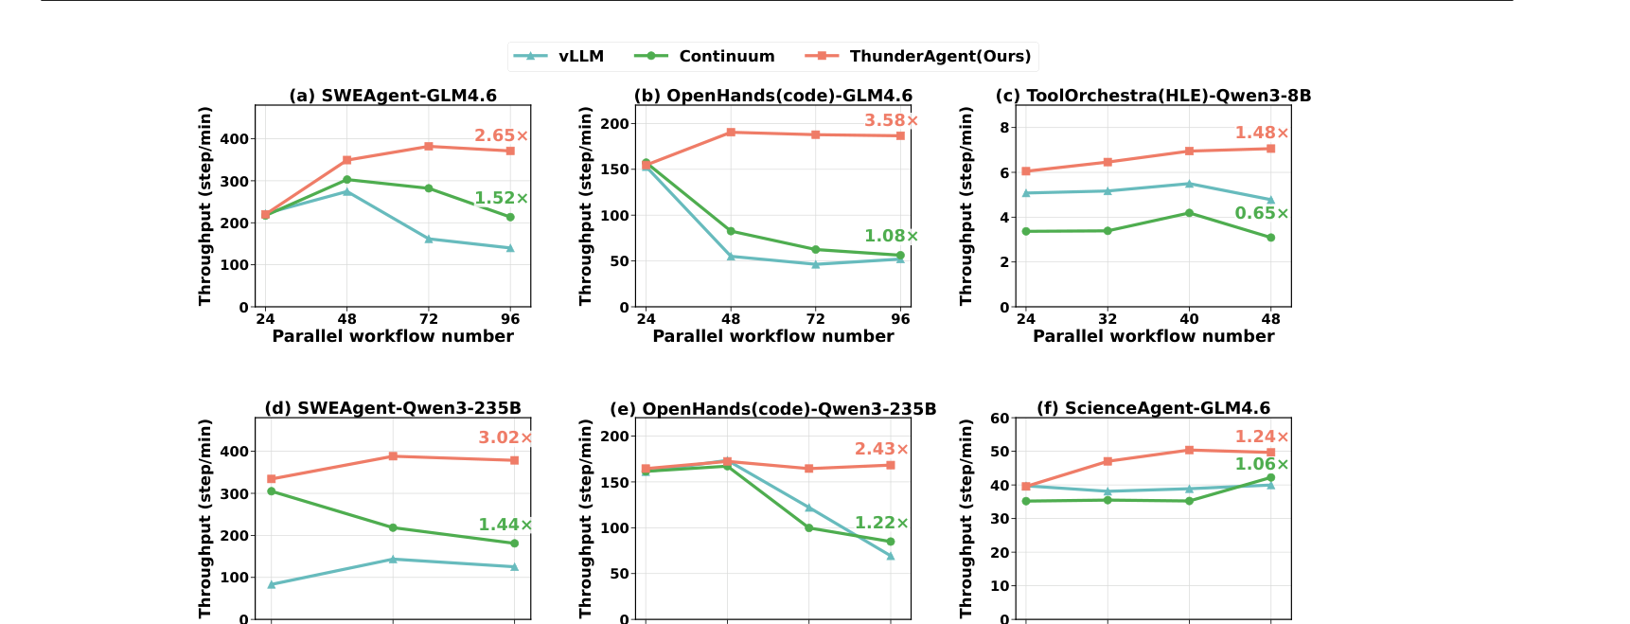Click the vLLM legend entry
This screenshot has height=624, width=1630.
[x=558, y=57]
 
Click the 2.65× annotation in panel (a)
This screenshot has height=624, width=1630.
[x=502, y=136]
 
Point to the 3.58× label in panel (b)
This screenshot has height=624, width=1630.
[x=892, y=121]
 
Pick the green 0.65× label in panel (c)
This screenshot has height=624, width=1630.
[x=1262, y=214]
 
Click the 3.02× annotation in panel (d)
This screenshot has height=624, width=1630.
[x=505, y=438]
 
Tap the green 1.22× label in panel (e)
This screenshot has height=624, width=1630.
[x=882, y=524]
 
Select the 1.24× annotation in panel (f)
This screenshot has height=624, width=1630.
[x=1262, y=437]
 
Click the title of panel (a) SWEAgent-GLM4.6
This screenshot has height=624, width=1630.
[x=393, y=96]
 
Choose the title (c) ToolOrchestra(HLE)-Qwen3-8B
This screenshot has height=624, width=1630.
[x=1153, y=96]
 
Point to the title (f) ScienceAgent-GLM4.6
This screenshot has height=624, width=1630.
[x=1153, y=408]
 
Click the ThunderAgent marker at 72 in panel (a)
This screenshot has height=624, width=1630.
[x=429, y=147]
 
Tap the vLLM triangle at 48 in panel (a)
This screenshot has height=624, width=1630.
[x=346, y=191]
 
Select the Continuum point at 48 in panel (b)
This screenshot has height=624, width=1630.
[x=731, y=231]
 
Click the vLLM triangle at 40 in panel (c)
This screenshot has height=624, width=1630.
[x=1189, y=184]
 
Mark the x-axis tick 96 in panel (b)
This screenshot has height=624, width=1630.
[x=900, y=319]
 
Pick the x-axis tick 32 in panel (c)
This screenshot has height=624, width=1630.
[x=1107, y=319]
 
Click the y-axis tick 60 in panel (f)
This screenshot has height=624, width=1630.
[x=1000, y=419]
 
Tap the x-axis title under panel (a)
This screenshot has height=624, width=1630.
[x=393, y=336]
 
